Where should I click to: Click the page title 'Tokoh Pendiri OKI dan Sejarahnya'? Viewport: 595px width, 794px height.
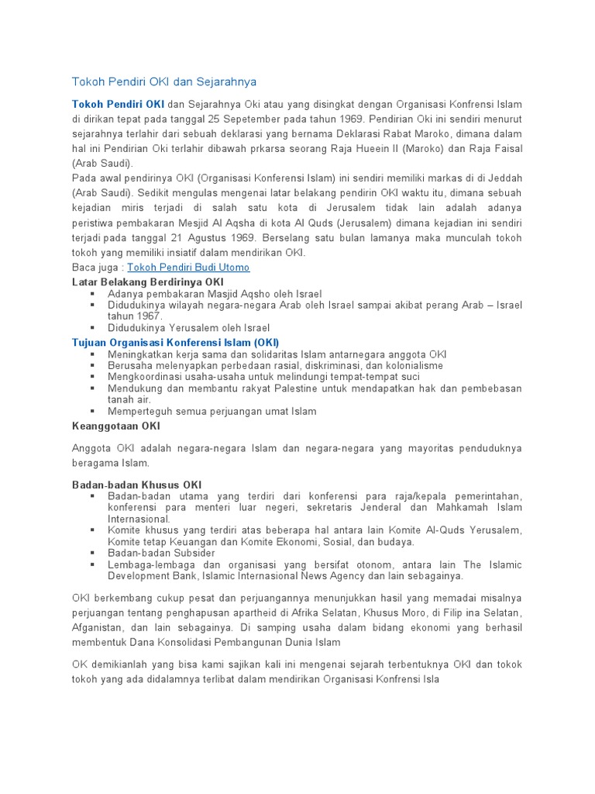coord(163,81)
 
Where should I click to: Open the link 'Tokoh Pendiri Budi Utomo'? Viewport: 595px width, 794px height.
coord(188,268)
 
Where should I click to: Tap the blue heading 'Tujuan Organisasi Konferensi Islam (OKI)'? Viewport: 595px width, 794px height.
coord(175,342)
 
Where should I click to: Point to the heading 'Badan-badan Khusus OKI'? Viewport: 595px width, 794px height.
coord(136,484)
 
